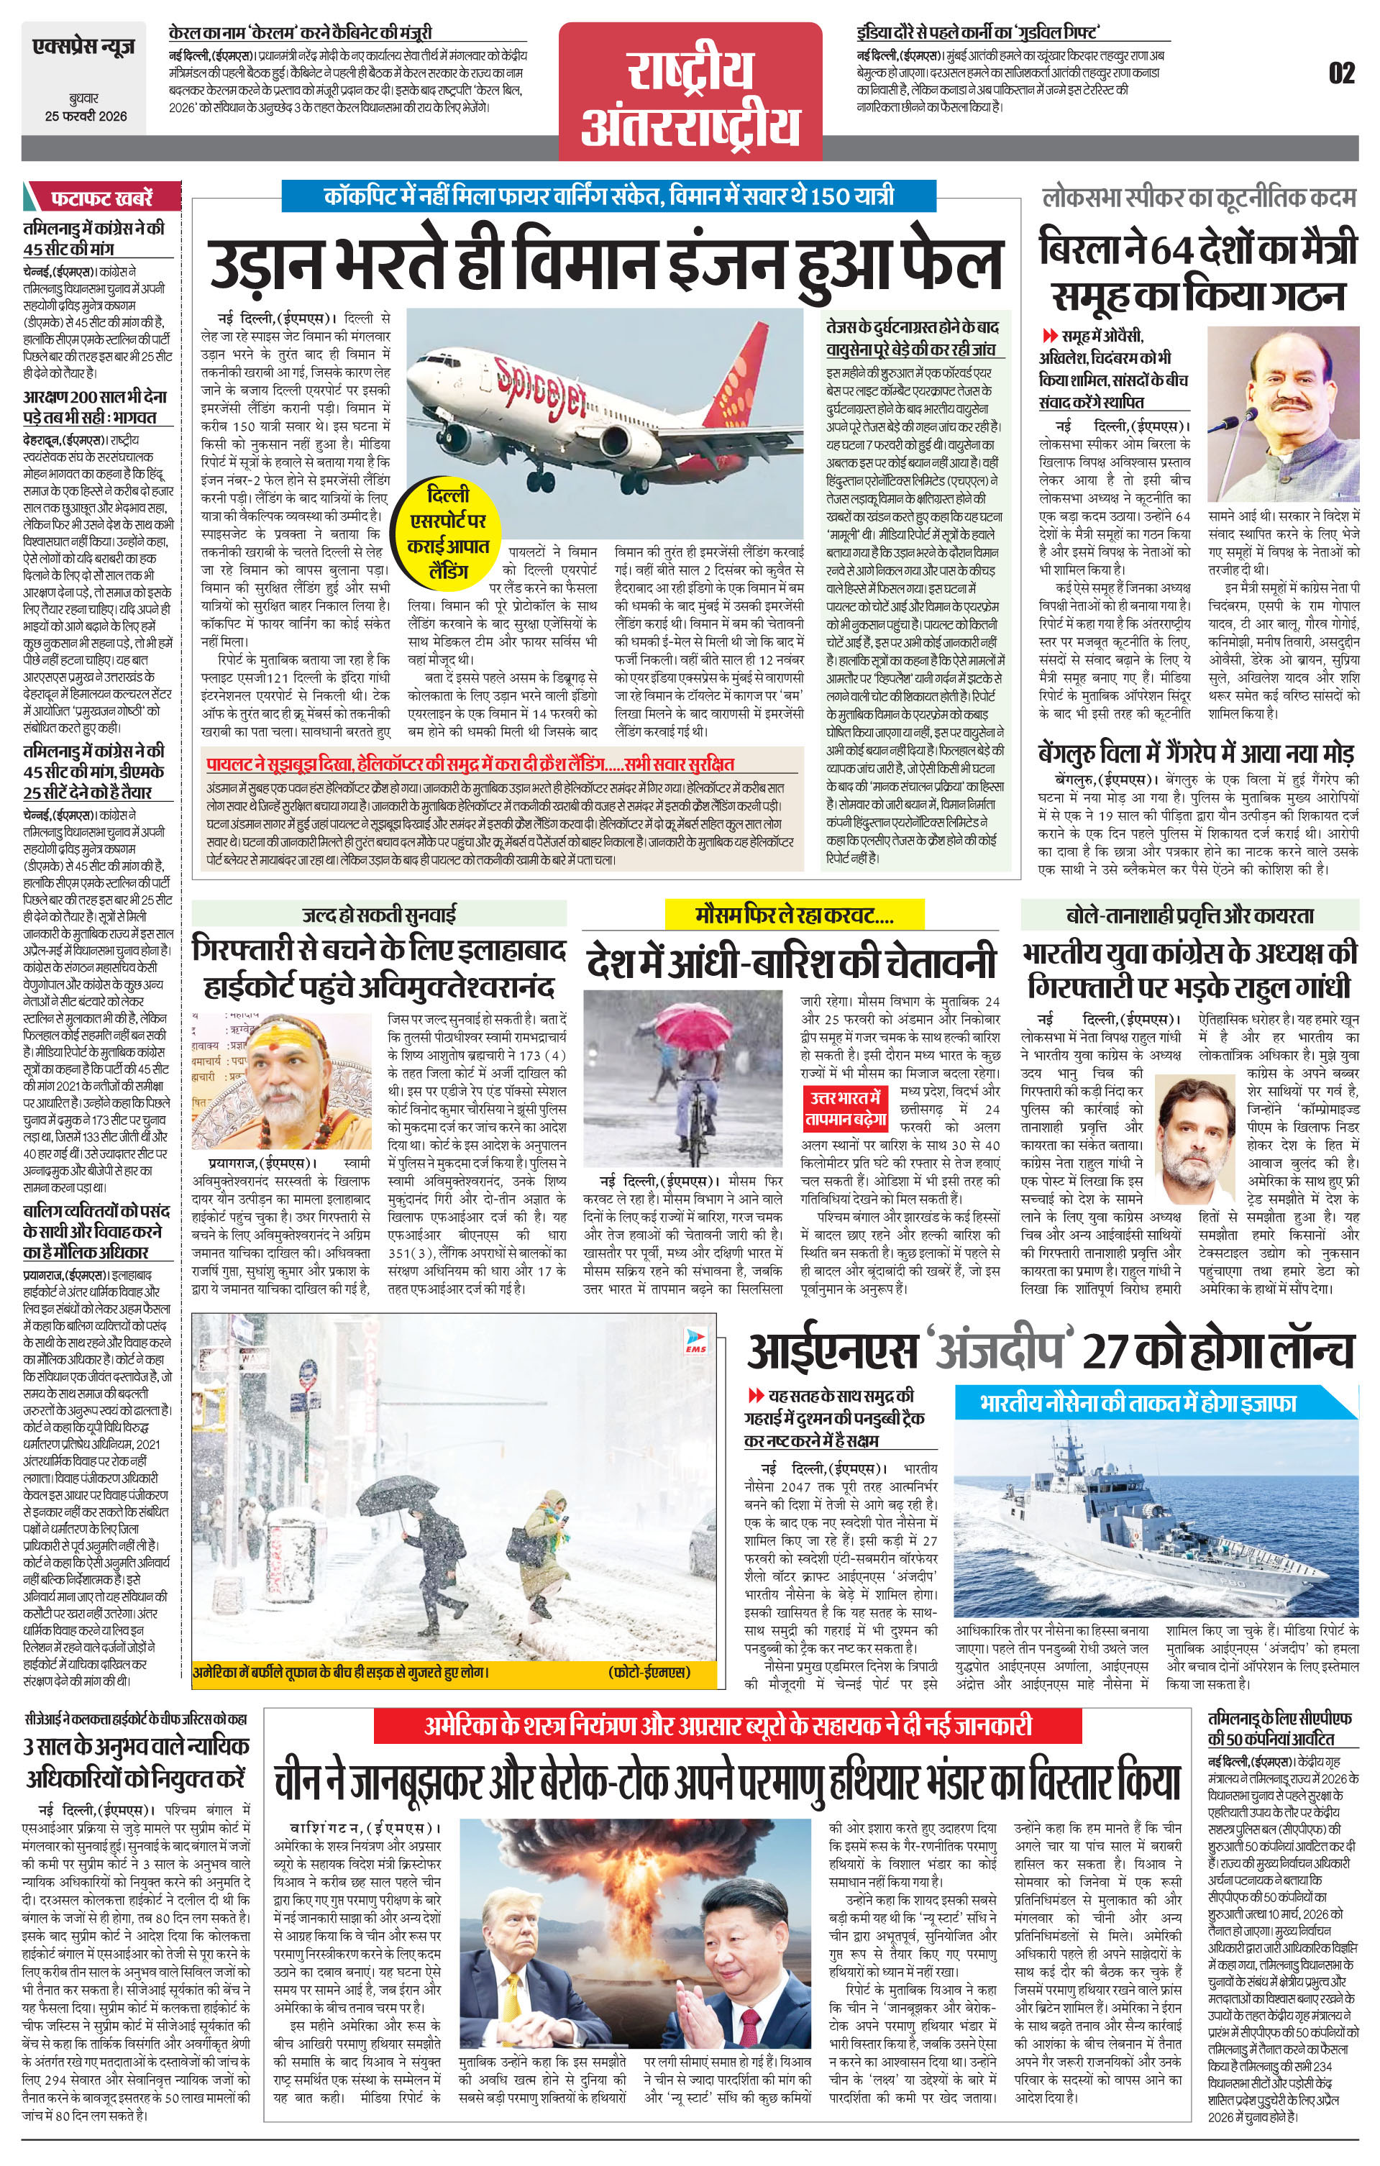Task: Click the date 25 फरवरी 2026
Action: (x=86, y=116)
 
